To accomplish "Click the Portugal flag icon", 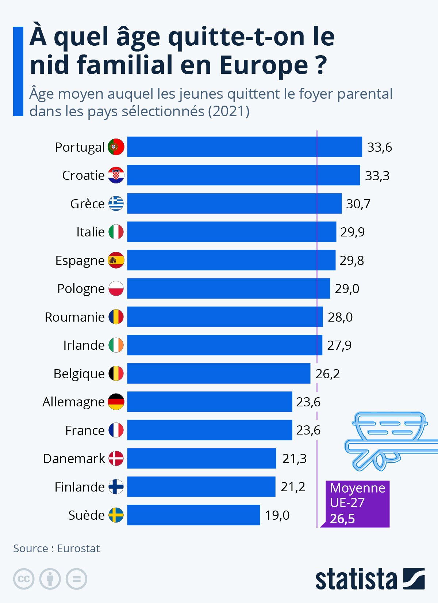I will pos(116,147).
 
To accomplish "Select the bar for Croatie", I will pos(243,175).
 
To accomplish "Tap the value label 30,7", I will pos(358,204).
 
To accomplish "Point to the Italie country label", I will pos(90,232).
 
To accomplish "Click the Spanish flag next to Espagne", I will pos(116,260).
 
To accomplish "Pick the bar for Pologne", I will pos(228,289).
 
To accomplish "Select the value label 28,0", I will pos(340,317).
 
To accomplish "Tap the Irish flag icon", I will pos(116,345).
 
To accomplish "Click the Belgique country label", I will pos(79,374).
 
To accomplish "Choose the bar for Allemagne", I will pos(210,402).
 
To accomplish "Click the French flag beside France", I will pos(116,430).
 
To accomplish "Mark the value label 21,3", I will pos(294,459).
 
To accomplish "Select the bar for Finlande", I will pos(201,487).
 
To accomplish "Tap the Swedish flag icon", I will pos(116,515).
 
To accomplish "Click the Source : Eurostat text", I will pos(57,549).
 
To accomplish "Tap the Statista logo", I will pos(370,579).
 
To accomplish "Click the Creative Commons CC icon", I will pos(24,579).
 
